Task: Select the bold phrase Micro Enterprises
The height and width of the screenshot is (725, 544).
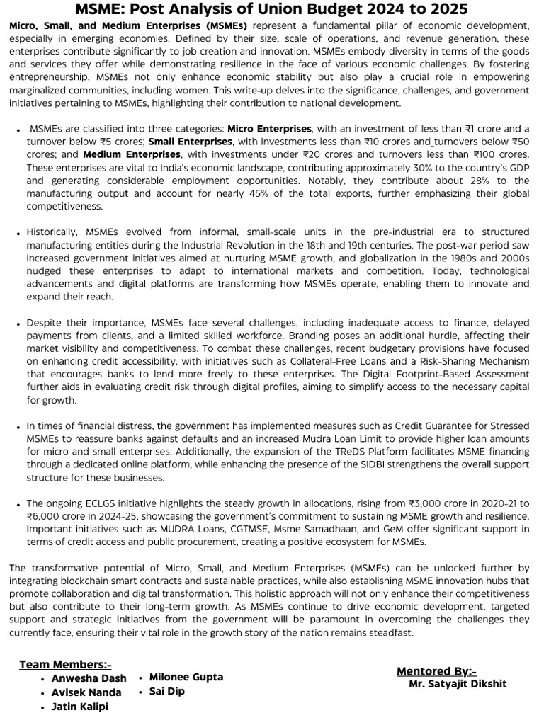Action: (269, 129)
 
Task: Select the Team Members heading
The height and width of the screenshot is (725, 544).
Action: (65, 664)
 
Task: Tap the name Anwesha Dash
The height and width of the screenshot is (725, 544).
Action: (89, 678)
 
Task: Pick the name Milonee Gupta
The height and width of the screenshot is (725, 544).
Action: (186, 677)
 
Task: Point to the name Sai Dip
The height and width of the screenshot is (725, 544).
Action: (167, 691)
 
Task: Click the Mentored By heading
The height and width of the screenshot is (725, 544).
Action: (436, 671)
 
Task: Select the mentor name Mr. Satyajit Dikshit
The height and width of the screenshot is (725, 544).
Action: (458, 684)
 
